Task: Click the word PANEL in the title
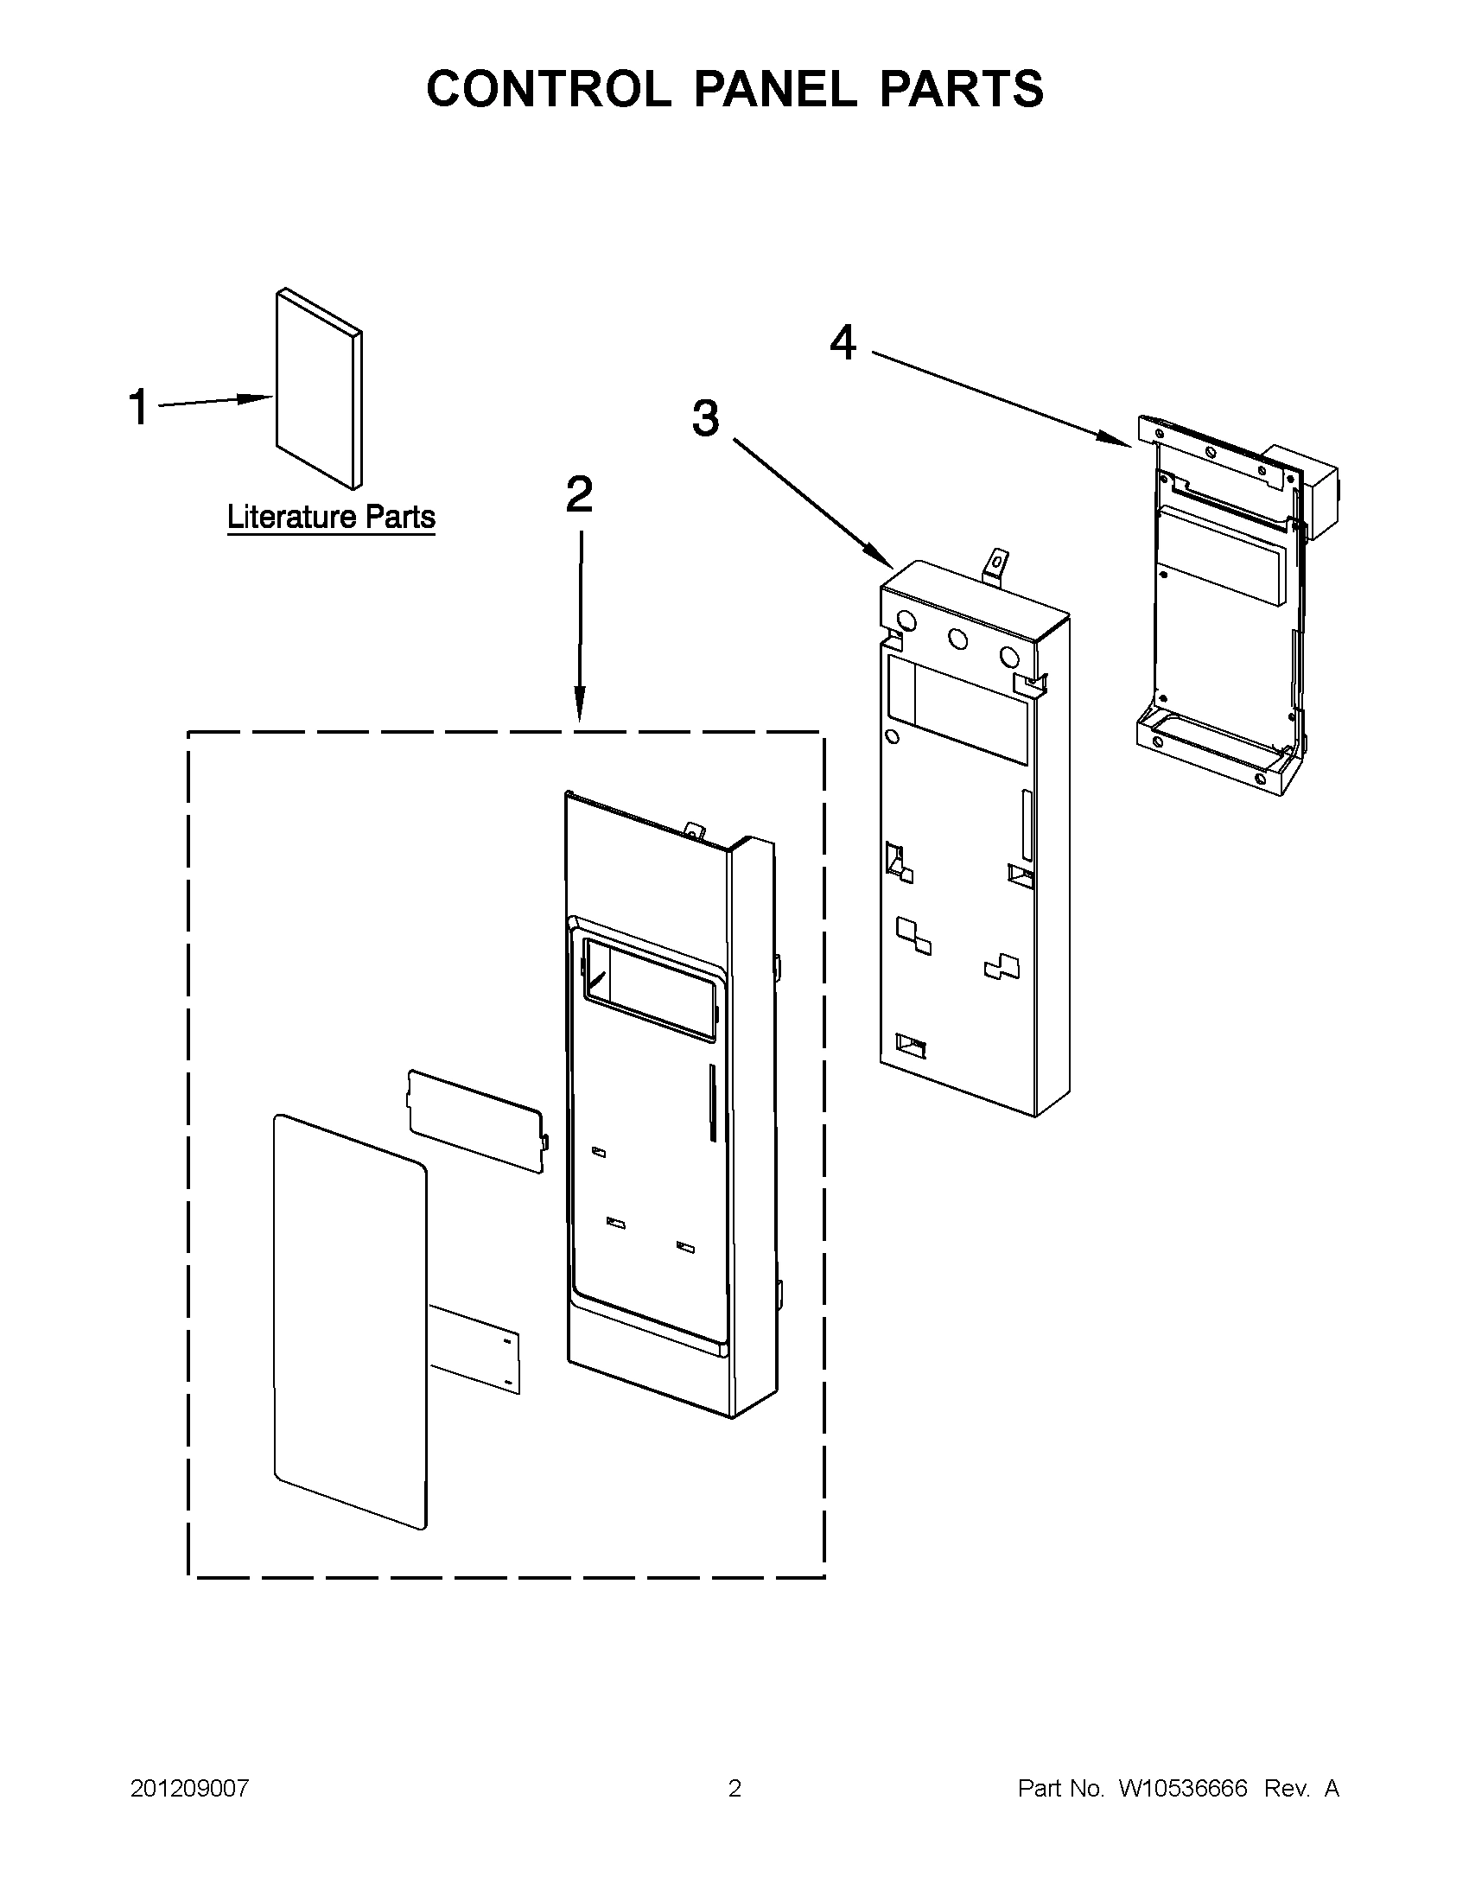tap(774, 89)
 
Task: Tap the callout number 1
tap(138, 407)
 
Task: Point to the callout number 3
tap(705, 418)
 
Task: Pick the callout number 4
tap(842, 342)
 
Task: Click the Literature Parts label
tap(331, 518)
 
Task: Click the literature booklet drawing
tap(318, 389)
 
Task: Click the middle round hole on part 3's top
tap(957, 639)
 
